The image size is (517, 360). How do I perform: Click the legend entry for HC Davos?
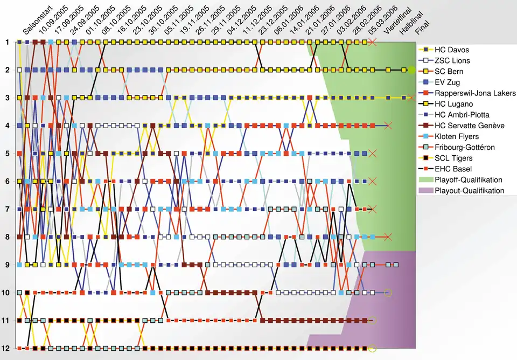(451, 50)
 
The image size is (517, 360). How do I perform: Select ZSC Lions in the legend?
(452, 61)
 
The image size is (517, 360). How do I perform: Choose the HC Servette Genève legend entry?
(469, 126)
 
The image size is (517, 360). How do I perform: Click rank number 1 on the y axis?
(7, 42)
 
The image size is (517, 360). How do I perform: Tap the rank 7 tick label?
(7, 209)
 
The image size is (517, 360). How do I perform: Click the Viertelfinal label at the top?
(395, 24)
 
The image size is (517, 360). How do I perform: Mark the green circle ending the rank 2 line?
(412, 70)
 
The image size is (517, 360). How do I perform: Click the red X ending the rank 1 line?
(372, 42)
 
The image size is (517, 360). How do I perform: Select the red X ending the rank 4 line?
(388, 126)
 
